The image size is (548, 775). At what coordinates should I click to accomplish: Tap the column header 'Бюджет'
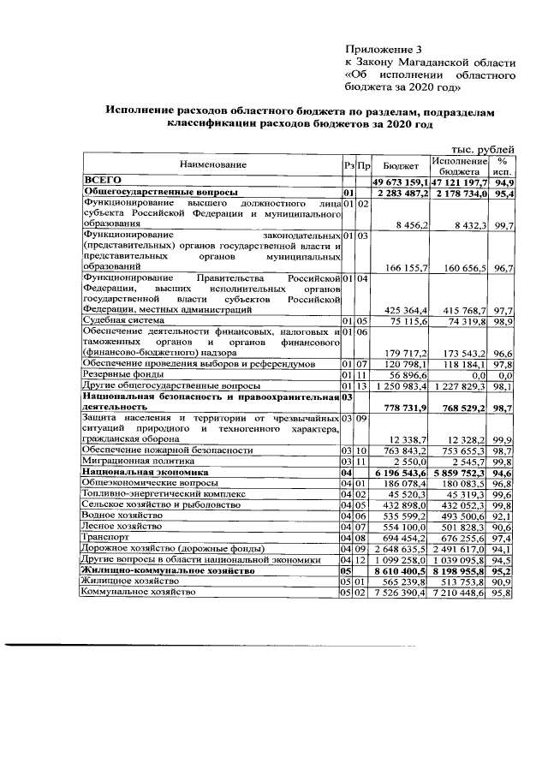coord(400,164)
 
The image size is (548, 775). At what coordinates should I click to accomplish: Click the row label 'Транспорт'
coord(104,537)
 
